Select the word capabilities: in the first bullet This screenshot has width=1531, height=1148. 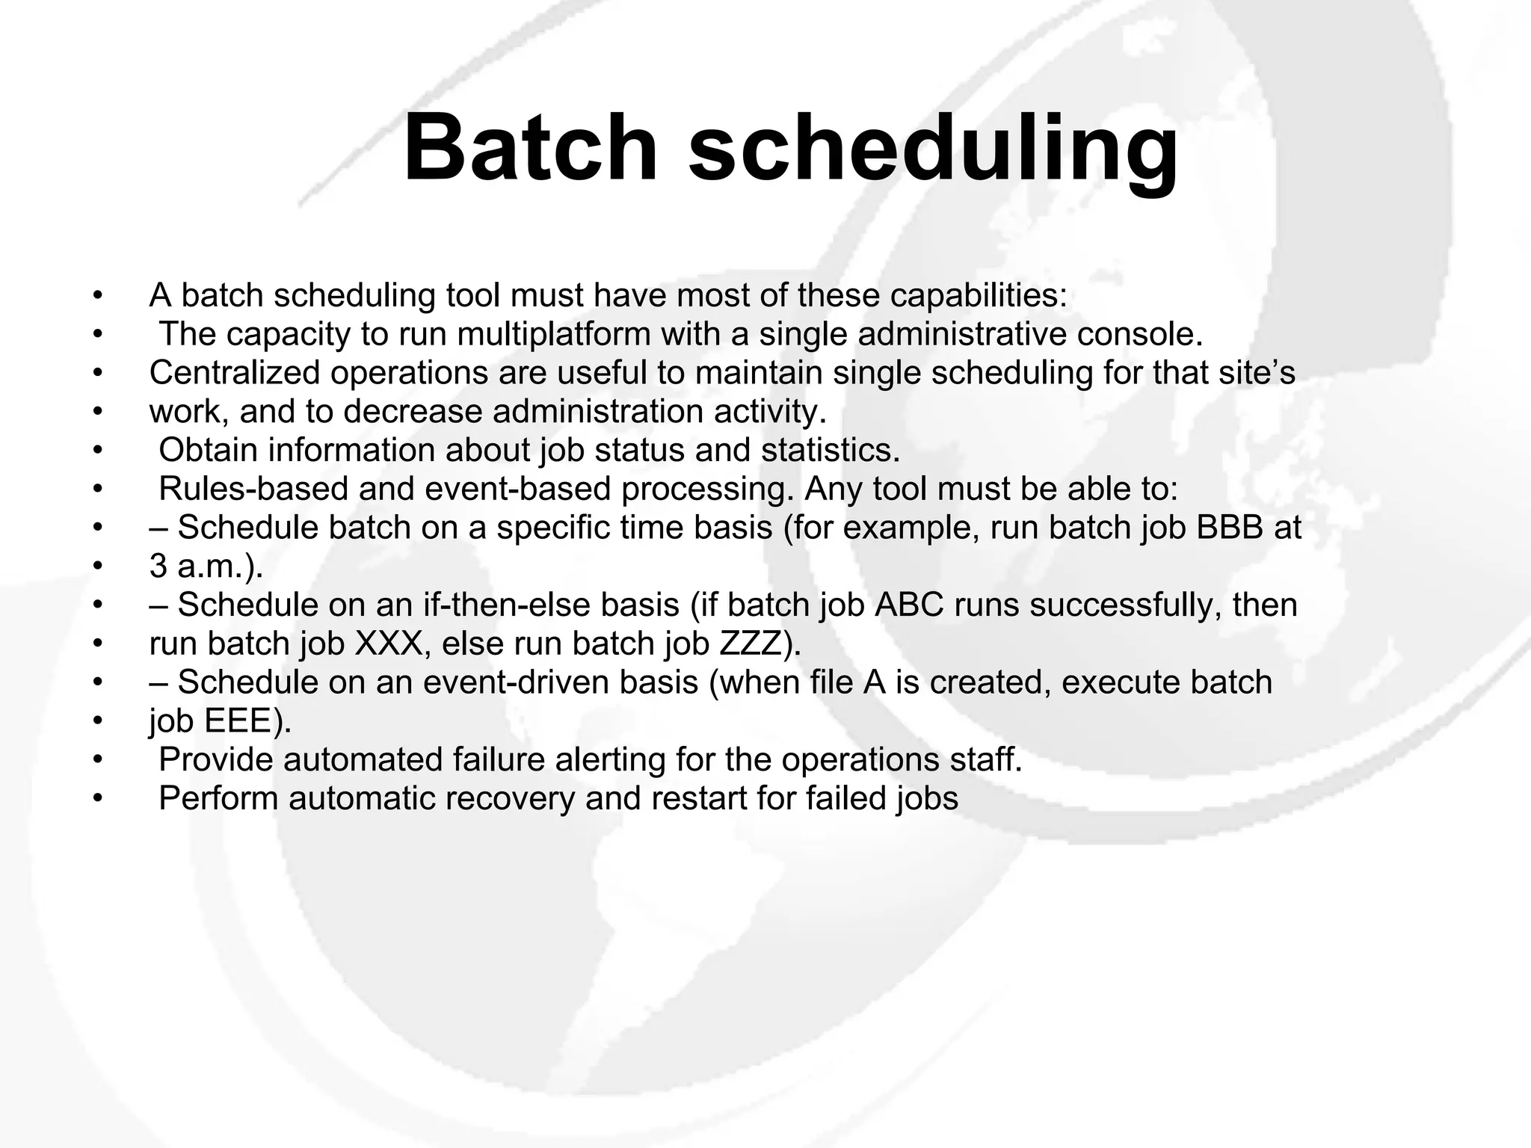(x=979, y=296)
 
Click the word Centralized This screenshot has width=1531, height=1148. (x=234, y=373)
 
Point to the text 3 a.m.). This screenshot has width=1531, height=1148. (x=206, y=567)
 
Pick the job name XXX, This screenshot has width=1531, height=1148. (x=392, y=644)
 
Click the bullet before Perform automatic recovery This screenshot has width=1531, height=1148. (x=96, y=799)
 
